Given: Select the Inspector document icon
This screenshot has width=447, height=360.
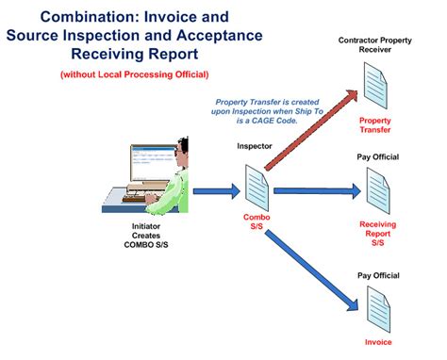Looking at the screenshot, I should tap(258, 183).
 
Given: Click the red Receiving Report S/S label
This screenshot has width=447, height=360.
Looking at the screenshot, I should tap(377, 234).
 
